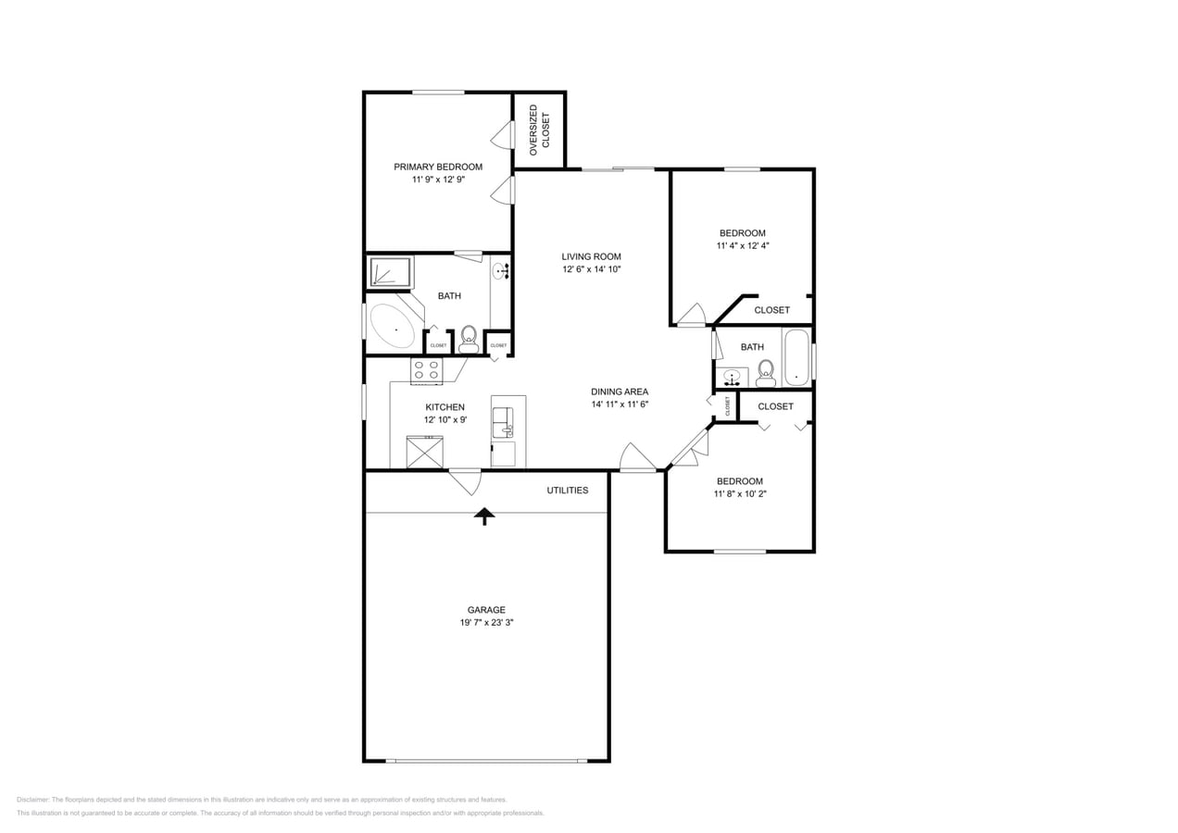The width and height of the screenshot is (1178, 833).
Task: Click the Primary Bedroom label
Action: coord(438,168)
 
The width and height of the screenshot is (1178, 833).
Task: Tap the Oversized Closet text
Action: coord(539,130)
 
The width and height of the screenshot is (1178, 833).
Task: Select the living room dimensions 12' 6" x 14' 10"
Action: coord(591,269)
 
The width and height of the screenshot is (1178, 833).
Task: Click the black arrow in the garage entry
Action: coord(484,516)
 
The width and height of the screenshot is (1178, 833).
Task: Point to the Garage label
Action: coord(486,610)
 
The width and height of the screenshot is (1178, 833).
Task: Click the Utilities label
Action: coord(567,490)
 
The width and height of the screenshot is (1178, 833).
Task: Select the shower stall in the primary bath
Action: coord(391,272)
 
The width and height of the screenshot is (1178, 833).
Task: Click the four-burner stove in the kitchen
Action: coord(426,370)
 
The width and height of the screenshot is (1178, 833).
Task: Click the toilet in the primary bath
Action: coord(469,338)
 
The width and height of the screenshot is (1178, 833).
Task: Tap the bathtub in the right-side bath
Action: coord(796,358)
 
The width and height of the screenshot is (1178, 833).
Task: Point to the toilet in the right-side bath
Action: coord(766,372)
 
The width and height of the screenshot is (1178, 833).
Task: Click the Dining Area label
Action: coord(620,392)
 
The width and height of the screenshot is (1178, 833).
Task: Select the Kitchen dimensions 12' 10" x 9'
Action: coord(445,419)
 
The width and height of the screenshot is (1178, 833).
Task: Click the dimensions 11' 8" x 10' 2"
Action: coord(740,494)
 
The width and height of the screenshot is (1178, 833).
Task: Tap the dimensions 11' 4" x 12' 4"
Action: coord(743,246)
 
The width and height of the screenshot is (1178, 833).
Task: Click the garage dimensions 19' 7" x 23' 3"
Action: coord(486,623)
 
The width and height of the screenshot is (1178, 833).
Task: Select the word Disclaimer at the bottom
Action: coord(32,800)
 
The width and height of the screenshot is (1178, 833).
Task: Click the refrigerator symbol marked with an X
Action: coord(425,453)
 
